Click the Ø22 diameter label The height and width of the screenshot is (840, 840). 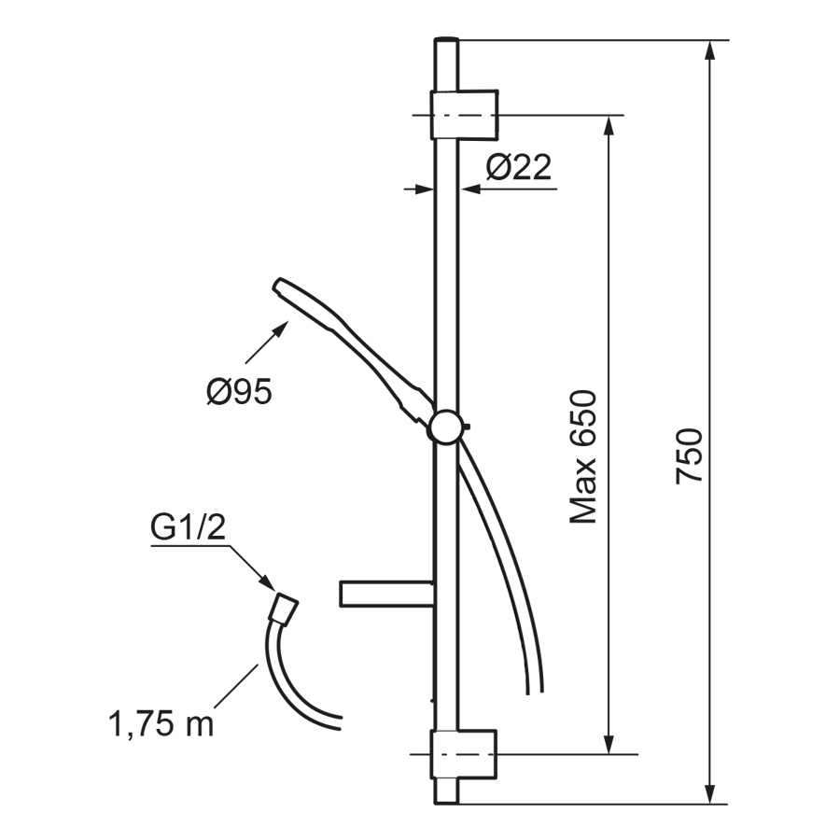point(519,167)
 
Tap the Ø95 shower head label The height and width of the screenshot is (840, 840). point(240,391)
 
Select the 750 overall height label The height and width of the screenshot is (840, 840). point(689,455)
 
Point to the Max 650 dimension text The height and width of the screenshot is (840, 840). point(582,456)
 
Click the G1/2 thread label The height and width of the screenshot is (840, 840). point(188,527)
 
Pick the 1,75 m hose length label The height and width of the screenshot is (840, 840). point(161,724)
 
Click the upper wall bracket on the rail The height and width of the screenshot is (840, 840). point(465,115)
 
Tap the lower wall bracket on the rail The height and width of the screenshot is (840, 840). point(464,754)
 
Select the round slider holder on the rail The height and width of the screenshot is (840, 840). point(446,427)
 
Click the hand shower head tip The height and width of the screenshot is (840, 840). point(278,285)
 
